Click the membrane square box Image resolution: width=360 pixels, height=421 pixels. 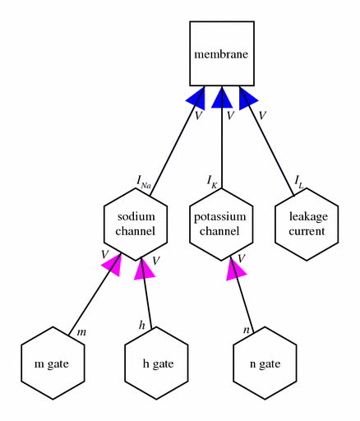tap(222, 53)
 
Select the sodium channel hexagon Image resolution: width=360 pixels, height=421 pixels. tap(136, 224)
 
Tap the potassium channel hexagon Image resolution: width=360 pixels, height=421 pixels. tap(221, 224)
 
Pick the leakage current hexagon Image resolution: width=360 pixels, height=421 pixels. tap(307, 224)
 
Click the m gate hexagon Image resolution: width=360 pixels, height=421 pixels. tap(53, 363)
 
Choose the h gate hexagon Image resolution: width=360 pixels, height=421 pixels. tap(156, 363)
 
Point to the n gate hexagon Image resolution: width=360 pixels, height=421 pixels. tap(265, 363)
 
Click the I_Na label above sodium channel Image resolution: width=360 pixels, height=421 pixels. tap(144, 183)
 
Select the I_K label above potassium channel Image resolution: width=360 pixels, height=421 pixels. tap(212, 182)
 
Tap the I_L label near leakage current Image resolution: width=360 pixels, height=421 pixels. tap(299, 183)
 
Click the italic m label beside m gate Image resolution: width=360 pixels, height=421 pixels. tap(81, 332)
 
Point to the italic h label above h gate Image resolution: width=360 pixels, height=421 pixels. tap(141, 326)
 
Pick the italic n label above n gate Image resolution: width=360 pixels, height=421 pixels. tap(247, 330)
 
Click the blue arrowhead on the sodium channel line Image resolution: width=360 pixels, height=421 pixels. tap(196, 98)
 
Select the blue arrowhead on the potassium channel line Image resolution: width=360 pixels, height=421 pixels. tap(222, 97)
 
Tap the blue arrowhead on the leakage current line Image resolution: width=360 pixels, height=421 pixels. tap(247, 98)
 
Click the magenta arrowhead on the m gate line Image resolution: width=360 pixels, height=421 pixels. tap(113, 265)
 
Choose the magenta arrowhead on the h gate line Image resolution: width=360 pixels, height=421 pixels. tap(144, 269)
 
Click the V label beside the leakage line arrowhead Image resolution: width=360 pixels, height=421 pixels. tap(262, 115)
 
